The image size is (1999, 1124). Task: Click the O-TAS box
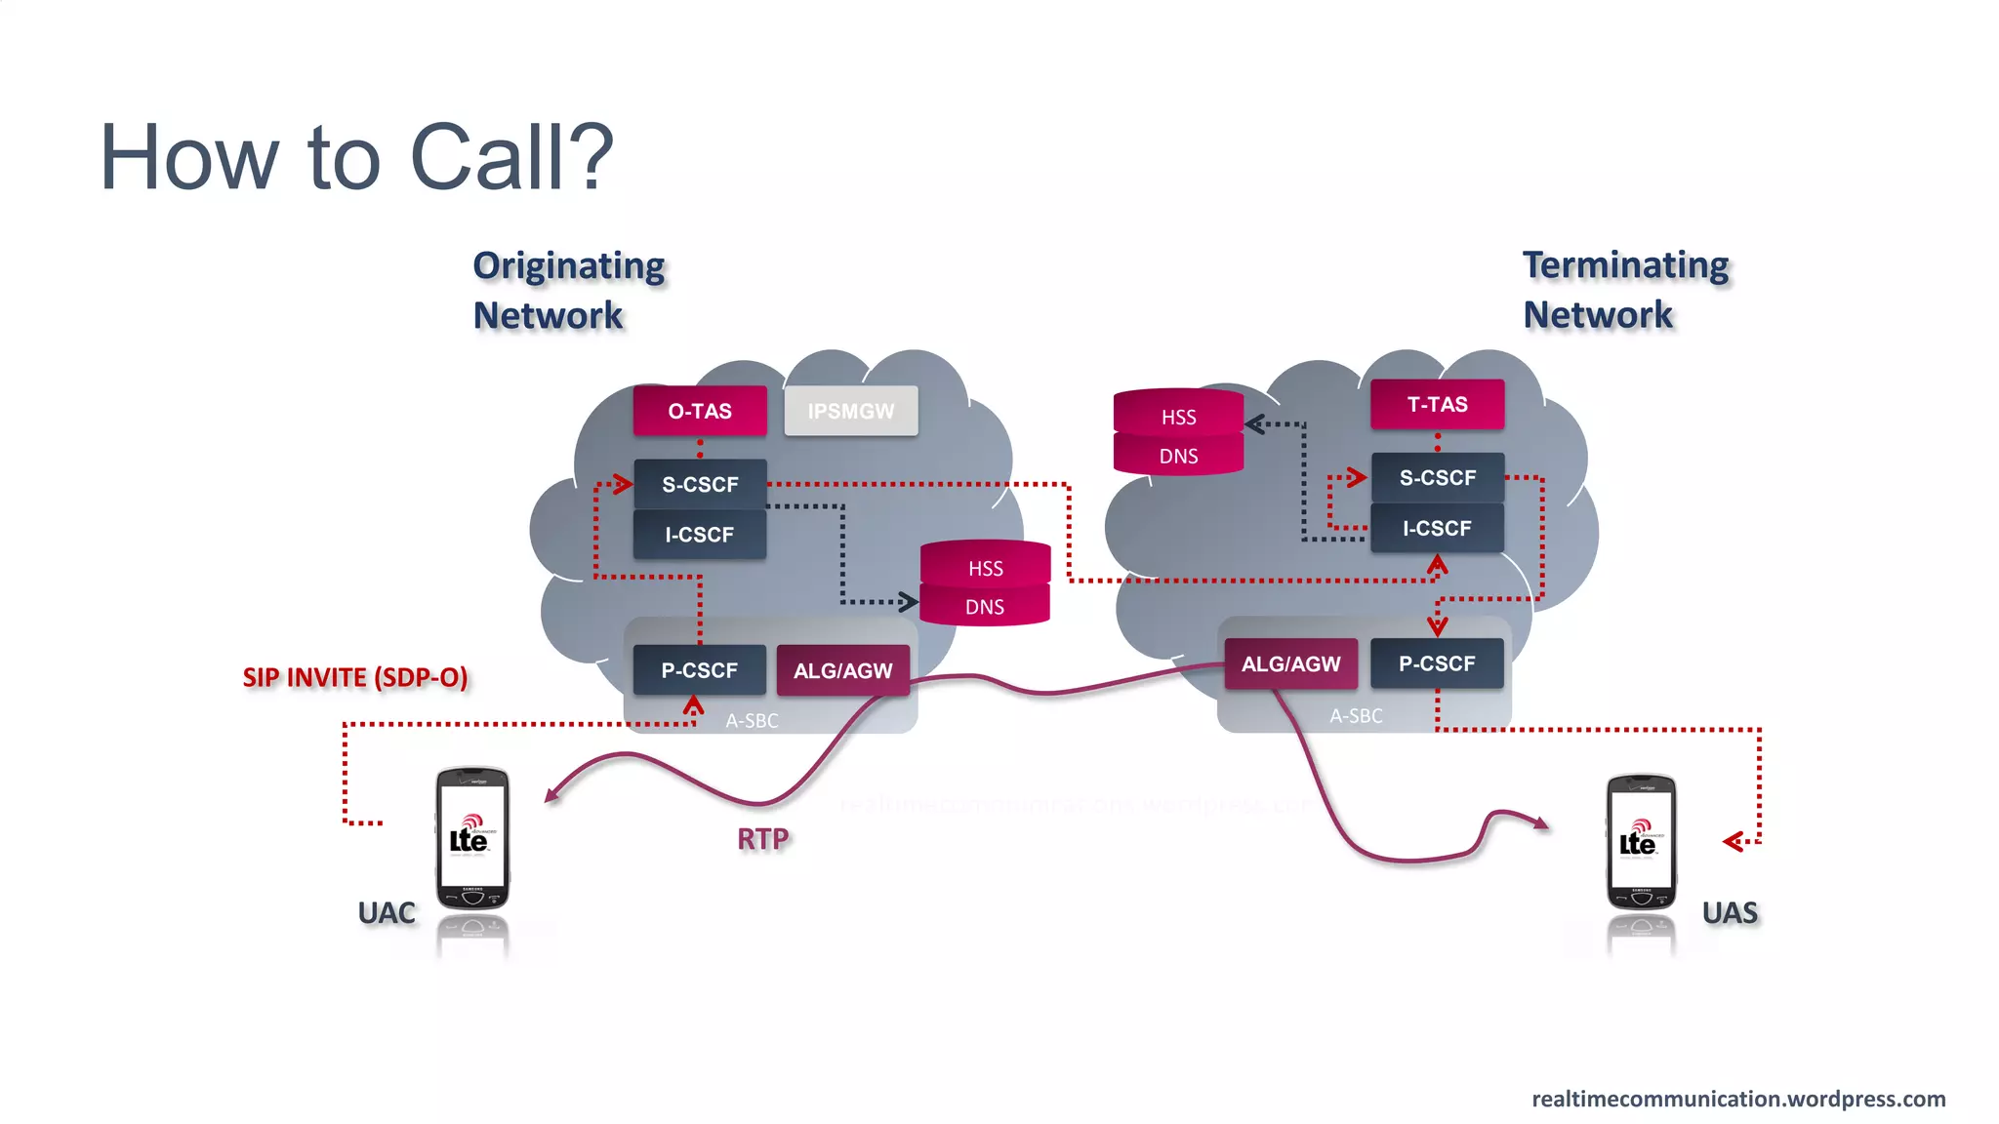coord(700,411)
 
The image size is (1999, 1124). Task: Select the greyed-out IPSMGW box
coord(850,411)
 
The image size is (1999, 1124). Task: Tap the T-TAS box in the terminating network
coord(1437,404)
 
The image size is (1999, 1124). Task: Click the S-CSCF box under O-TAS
coord(700,484)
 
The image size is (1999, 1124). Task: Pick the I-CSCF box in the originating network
coord(700,535)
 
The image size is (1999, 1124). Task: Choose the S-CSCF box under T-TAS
coord(1437,477)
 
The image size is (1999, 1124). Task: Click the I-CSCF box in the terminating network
coord(1437,528)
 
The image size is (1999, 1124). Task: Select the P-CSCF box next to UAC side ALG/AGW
coord(699,670)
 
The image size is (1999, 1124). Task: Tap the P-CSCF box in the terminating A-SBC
coord(1437,663)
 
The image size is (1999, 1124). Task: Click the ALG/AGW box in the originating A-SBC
coord(843,670)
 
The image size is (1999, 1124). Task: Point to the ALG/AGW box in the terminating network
coord(1290,663)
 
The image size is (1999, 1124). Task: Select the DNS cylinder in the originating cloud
coord(985,607)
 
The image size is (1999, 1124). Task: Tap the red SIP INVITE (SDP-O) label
coord(355,677)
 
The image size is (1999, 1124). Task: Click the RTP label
coord(762,839)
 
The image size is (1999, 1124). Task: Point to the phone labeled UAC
coord(472,839)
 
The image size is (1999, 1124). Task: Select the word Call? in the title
coord(512,157)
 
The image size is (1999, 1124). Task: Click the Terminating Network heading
coord(1625,290)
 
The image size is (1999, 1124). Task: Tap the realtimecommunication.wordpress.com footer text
coord(1738,1099)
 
